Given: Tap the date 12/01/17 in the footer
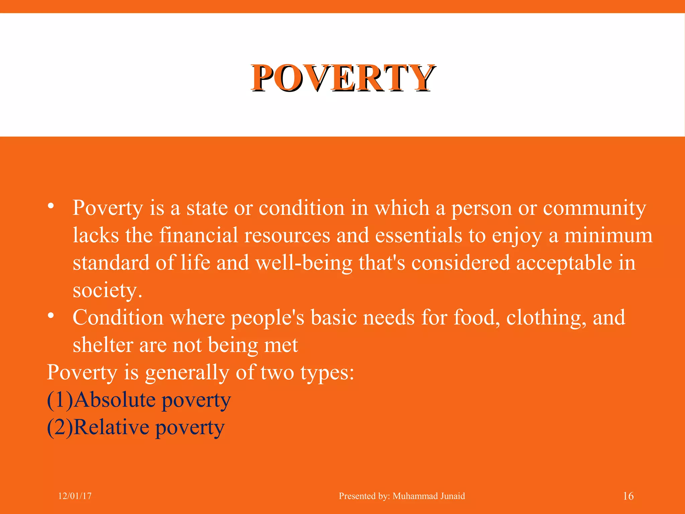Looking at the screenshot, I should coord(75,496).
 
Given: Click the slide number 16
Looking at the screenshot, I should coord(628,496).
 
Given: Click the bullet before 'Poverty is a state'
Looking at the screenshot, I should coord(51,205).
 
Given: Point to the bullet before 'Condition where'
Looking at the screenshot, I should coord(51,315).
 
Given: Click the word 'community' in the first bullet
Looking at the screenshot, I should coord(594,208).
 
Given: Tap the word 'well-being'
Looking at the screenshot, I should coord(304,263).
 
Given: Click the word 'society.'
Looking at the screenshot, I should coord(107,290).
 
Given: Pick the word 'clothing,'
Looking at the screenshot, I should coord(546,318).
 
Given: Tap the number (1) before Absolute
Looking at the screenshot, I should coord(60,400).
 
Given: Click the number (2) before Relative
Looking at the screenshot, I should coord(60,427).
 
